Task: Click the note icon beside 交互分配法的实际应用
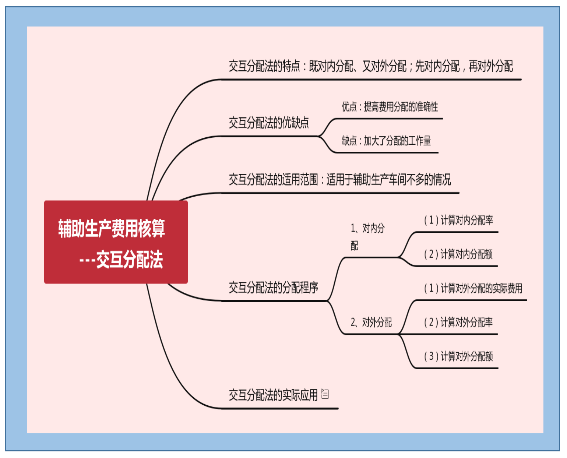(325, 394)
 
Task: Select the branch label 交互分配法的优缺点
(269, 123)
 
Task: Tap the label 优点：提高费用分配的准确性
(390, 107)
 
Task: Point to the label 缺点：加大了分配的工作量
(386, 141)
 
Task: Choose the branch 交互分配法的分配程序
(273, 288)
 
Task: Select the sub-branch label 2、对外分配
(371, 323)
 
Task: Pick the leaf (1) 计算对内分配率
(458, 220)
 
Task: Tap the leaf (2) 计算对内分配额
(458, 254)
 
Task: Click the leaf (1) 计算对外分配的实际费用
(473, 288)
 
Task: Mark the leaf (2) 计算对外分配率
(458, 323)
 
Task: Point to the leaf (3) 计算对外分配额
(458, 356)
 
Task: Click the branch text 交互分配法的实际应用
(273, 395)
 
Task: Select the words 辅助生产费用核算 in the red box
(112, 228)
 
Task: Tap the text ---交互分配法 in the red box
(121, 260)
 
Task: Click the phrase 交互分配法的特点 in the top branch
(264, 66)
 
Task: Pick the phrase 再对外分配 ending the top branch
(490, 66)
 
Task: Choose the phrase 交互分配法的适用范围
(273, 180)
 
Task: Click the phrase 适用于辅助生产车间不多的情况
(388, 180)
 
